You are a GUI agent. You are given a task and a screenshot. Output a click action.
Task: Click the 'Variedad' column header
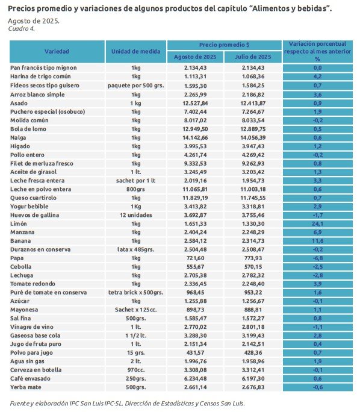[57, 52]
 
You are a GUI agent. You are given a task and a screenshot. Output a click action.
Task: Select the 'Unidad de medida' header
[136, 52]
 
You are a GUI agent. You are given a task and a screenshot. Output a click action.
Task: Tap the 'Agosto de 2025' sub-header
[195, 57]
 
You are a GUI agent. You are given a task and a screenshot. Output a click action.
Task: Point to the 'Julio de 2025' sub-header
[253, 57]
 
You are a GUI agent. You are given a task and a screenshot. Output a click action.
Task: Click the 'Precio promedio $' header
[224, 45]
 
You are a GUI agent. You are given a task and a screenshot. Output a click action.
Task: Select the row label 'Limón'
[19, 223]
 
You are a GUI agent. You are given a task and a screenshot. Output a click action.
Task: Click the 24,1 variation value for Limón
[317, 224]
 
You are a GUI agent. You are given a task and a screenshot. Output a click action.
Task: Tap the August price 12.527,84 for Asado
[195, 103]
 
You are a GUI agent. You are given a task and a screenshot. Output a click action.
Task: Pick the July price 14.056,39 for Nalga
[253, 138]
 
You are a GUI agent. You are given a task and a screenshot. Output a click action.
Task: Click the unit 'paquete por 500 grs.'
[136, 86]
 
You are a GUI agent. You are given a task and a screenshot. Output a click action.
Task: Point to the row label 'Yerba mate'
[26, 387]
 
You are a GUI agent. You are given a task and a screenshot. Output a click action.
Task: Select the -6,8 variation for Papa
[317, 258]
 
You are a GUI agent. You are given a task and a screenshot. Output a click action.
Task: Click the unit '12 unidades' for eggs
[136, 215]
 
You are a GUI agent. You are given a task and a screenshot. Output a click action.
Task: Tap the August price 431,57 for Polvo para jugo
[195, 353]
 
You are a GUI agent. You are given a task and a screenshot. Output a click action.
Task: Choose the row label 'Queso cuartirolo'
[33, 198]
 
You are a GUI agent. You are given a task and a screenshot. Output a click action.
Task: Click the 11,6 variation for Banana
[317, 241]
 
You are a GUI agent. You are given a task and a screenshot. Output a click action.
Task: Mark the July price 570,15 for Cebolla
[253, 267]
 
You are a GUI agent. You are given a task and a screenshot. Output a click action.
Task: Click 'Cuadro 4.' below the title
[21, 29]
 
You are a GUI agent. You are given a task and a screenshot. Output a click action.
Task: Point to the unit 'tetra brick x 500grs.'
[136, 293]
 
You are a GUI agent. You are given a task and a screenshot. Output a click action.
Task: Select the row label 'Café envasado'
[30, 379]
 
